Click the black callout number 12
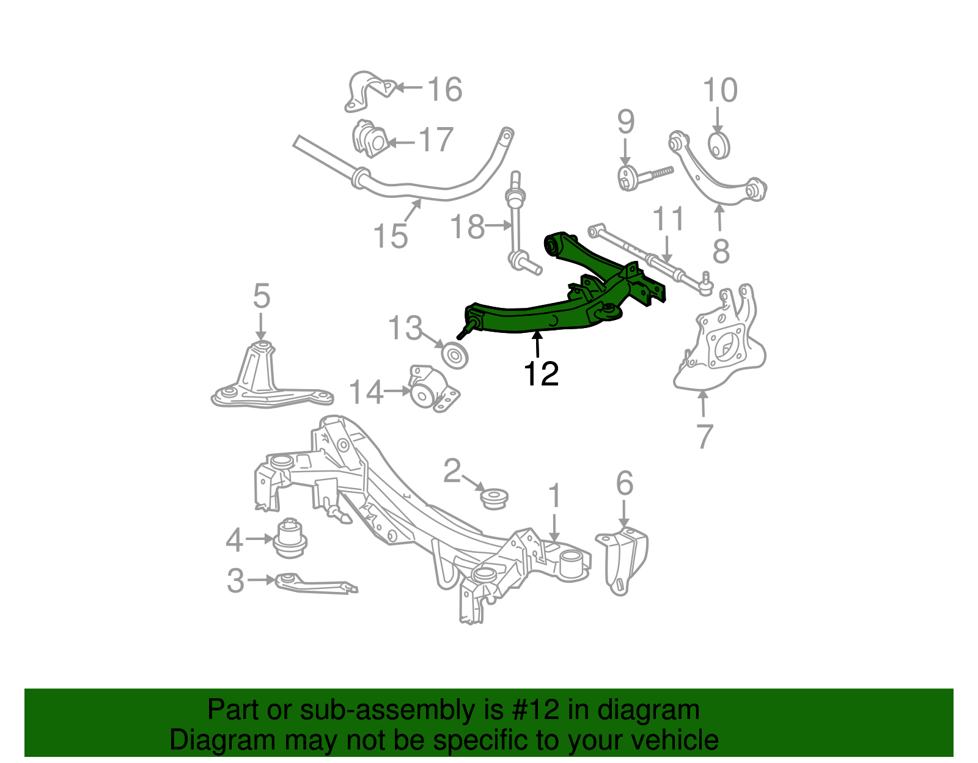541,374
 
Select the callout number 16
444,90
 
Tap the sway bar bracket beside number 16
369,92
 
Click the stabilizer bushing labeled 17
370,140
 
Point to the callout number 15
390,236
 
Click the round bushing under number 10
719,145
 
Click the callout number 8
721,250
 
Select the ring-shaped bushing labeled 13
455,355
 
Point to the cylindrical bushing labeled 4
290,537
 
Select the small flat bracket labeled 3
315,583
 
